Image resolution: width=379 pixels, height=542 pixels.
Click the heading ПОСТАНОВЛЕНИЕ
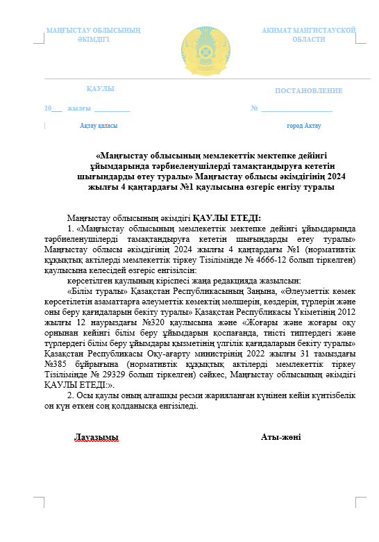coord(308,91)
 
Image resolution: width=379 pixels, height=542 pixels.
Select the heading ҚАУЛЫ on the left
coord(100,89)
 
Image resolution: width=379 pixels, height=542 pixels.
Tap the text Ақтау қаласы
coord(99,126)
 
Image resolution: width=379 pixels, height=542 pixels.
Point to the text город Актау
coord(304,126)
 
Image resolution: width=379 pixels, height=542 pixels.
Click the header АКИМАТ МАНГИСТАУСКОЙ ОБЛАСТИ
coord(308,35)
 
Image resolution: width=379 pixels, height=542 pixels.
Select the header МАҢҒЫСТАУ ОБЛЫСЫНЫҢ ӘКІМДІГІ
coord(94,35)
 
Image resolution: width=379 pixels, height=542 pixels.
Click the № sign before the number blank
coord(255,108)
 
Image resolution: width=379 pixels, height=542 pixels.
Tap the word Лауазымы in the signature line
coord(96,437)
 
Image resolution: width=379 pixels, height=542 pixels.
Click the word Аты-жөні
coord(280,437)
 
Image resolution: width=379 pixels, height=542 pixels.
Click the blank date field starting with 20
coord(53,108)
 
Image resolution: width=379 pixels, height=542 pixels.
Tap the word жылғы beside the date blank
coord(79,108)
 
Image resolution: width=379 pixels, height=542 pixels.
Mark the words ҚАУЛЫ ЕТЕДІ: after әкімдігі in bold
coord(226,217)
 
